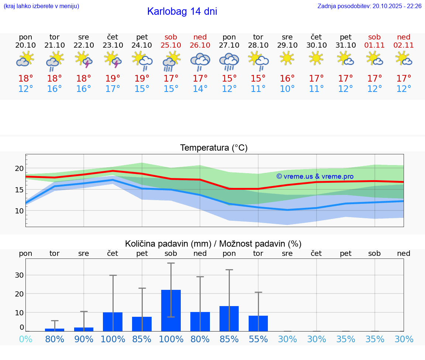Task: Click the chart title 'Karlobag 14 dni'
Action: coord(182,11)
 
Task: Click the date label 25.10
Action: coord(171,45)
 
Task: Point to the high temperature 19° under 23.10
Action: coord(113,78)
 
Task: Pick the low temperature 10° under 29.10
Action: coord(287,89)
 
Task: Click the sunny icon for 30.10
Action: coord(316,58)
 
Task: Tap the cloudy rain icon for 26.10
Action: coord(200,61)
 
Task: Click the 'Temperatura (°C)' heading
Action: coord(214,148)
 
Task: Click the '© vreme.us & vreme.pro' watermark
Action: coord(315,176)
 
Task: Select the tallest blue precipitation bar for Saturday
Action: coord(171,310)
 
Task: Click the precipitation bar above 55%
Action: coord(258,323)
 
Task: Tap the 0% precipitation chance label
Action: coord(25,339)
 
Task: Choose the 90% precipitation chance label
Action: coord(84,339)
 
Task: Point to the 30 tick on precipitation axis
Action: coord(19,275)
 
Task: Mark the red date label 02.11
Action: coord(404,45)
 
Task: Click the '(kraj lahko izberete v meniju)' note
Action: coord(41,6)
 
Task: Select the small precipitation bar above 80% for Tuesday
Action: coord(55,329)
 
